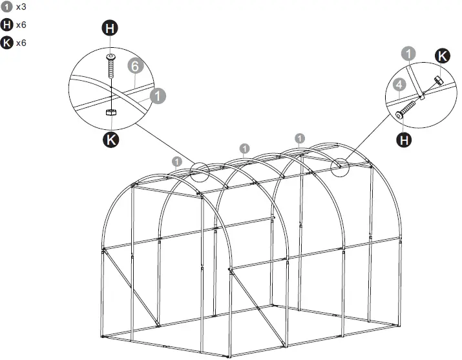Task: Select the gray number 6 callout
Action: coord(134,66)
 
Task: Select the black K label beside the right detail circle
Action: coord(441,56)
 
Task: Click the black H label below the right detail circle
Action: coord(405,139)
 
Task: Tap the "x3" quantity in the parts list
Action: coord(21,7)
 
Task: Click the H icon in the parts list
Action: coord(7,25)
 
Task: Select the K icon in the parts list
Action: coord(7,43)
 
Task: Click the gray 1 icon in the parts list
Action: coord(7,7)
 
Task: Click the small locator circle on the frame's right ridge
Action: coord(339,166)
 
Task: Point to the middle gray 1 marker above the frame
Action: coord(244,148)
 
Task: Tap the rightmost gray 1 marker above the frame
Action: coord(300,138)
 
